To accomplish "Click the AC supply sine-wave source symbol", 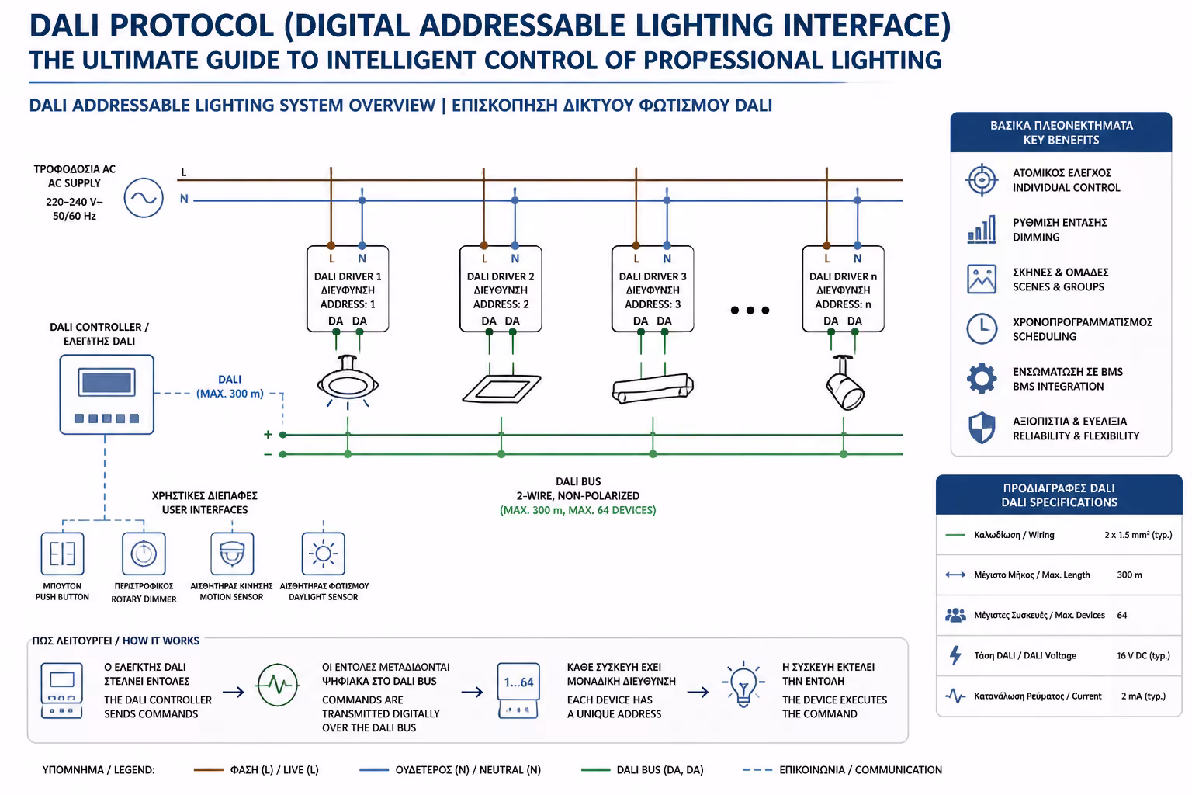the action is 144,198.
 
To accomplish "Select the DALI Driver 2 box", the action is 501,289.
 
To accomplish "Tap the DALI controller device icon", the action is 107,394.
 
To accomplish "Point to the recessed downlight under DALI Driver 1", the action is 348,382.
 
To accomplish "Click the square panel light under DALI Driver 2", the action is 501,388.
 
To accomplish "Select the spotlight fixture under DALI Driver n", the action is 844,384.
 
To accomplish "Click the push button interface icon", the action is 62,554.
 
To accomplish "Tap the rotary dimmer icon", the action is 144,554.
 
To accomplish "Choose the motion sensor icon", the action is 232,554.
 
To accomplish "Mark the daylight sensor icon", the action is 323,554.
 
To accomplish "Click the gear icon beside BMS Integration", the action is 981,379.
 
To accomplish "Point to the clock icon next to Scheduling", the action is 981,328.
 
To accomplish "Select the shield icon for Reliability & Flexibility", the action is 981,428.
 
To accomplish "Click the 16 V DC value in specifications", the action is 1143,655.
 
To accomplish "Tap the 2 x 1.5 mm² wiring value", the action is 1138,535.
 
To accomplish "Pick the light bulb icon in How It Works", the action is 743,684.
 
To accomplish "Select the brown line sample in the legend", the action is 209,769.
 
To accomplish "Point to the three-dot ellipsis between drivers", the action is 750,310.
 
